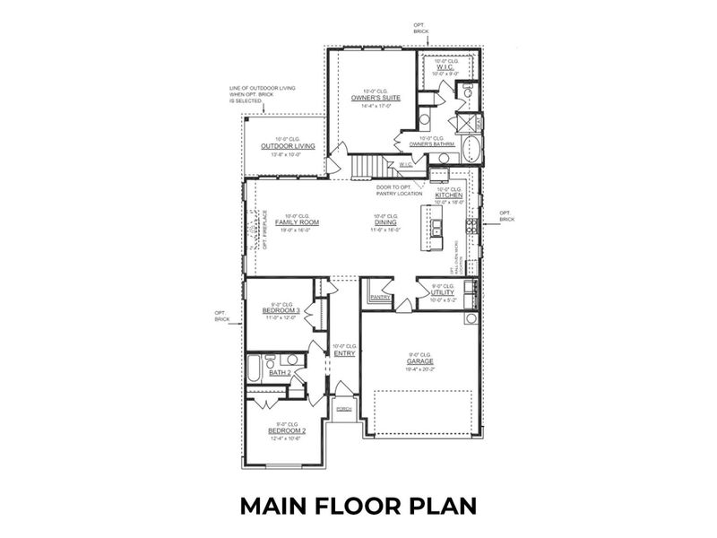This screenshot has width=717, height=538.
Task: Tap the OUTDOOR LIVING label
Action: (281, 146)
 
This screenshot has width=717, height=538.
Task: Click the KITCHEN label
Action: (449, 195)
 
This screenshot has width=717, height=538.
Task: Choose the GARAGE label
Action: (419, 361)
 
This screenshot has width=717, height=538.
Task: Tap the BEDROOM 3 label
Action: (281, 310)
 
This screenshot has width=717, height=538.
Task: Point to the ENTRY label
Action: (344, 353)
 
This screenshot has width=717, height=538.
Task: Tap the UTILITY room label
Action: (444, 293)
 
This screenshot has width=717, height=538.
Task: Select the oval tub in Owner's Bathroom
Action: (473, 149)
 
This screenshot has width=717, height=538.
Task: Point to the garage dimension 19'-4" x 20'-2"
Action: (419, 369)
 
